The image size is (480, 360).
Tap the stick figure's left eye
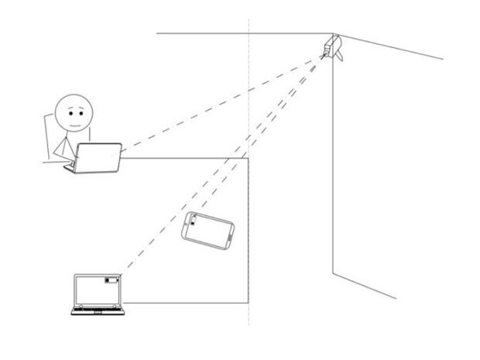[x=67, y=110]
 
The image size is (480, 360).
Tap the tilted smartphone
[x=208, y=231]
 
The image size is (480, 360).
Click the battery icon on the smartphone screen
[x=194, y=223]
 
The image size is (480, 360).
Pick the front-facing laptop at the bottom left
[x=98, y=294]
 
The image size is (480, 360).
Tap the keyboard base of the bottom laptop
[x=98, y=311]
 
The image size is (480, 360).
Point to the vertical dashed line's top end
[x=249, y=17]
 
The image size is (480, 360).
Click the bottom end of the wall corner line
[x=333, y=273]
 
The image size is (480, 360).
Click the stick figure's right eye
[x=80, y=110]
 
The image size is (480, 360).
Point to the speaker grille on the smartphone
[x=231, y=235]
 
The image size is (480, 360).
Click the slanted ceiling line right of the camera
[x=395, y=47]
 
